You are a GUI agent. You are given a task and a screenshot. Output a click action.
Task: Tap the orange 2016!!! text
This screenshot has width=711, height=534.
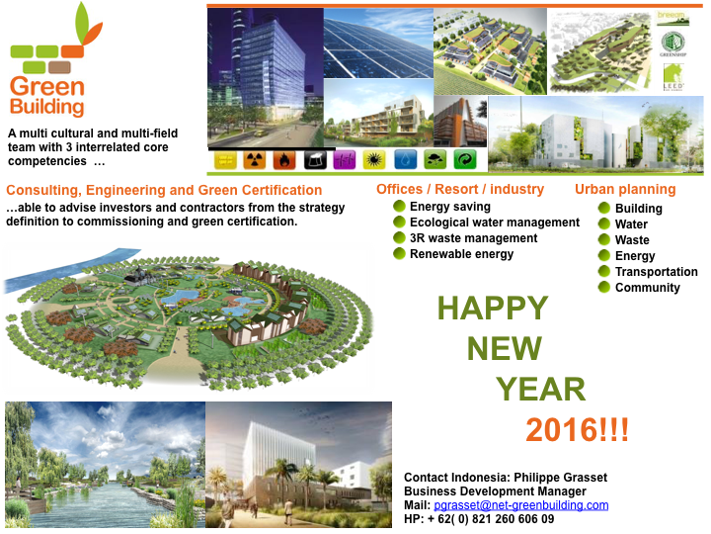(578, 430)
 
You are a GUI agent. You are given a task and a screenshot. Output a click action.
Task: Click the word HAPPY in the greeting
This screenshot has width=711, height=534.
(492, 308)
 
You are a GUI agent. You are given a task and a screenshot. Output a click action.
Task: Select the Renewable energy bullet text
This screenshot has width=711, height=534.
(461, 253)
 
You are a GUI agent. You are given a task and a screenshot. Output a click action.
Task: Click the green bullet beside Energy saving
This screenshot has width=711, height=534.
(399, 206)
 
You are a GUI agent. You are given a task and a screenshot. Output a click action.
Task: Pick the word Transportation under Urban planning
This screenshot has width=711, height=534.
(656, 271)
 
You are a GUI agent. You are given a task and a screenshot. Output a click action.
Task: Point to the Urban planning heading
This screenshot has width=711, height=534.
(625, 189)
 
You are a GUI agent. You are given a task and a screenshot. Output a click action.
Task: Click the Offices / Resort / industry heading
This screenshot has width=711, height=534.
(460, 189)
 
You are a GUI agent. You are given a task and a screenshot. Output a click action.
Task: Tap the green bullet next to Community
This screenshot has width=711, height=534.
(604, 287)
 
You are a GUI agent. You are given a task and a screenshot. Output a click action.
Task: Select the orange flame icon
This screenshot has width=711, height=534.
(286, 159)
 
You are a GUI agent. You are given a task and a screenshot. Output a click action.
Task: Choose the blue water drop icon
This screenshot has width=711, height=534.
(405, 159)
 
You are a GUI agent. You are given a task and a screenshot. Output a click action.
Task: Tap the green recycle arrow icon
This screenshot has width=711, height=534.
(464, 159)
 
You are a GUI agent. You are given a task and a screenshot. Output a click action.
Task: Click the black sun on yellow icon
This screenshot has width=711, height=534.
(375, 159)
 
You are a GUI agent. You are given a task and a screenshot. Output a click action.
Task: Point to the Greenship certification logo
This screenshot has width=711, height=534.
(672, 44)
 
